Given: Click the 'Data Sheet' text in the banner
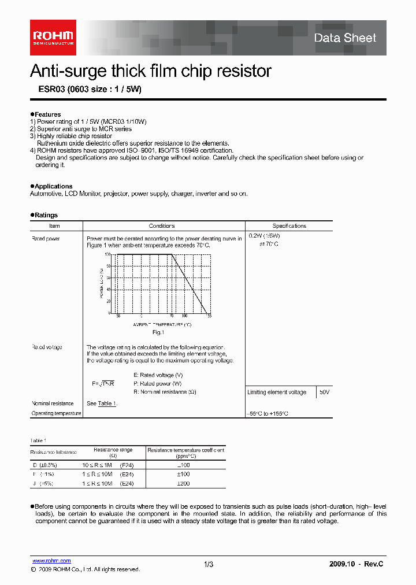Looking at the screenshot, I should click(x=345, y=38).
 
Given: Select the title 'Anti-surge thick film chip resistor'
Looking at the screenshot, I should click(x=150, y=71).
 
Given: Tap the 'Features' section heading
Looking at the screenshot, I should click(x=47, y=114).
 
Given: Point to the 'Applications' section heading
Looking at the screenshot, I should click(x=53, y=186).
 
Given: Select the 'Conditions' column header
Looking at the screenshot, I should click(x=162, y=226).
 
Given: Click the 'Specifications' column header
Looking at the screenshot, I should click(x=289, y=226).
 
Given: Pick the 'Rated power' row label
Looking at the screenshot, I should click(x=46, y=238).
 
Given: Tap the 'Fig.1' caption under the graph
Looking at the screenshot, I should click(x=158, y=332).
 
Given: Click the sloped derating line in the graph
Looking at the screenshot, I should click(x=191, y=283).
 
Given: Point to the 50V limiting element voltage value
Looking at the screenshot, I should click(x=325, y=392).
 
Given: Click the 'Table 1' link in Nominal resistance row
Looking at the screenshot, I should click(x=107, y=403).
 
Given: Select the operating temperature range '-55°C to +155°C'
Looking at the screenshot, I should click(x=268, y=414).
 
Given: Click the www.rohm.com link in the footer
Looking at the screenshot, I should click(x=51, y=561).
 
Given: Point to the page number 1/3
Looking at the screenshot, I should click(x=209, y=564).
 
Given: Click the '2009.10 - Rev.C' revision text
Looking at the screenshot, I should click(x=356, y=564).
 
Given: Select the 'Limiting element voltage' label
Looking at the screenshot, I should click(x=277, y=392).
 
